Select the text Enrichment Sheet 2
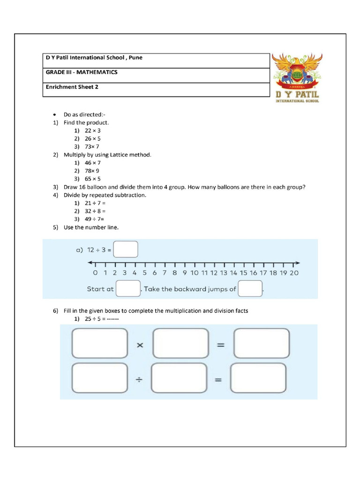pyautogui.click(x=72, y=87)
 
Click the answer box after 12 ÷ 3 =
pyautogui.click(x=126, y=249)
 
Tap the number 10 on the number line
pyautogui.click(x=195, y=273)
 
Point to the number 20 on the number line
pyautogui.click(x=294, y=273)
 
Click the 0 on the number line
pyautogui.click(x=95, y=273)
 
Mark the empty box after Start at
pyautogui.click(x=128, y=289)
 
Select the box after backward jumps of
pyautogui.click(x=250, y=289)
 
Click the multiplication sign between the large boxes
pyautogui.click(x=140, y=345)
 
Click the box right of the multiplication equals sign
pyautogui.click(x=261, y=344)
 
